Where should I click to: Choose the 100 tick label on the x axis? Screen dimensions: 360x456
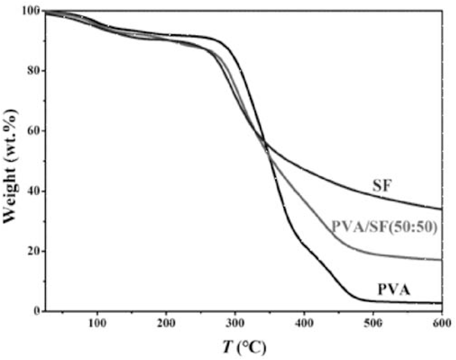click(x=97, y=324)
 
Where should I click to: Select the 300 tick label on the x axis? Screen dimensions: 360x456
click(x=235, y=324)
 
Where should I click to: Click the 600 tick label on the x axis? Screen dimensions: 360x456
click(x=442, y=324)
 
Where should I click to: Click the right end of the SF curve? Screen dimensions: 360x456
click(x=441, y=209)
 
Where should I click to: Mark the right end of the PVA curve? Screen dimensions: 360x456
click(x=441, y=303)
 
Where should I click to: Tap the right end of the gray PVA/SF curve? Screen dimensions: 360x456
click(x=441, y=260)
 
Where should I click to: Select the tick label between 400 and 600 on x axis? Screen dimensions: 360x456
click(x=373, y=324)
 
